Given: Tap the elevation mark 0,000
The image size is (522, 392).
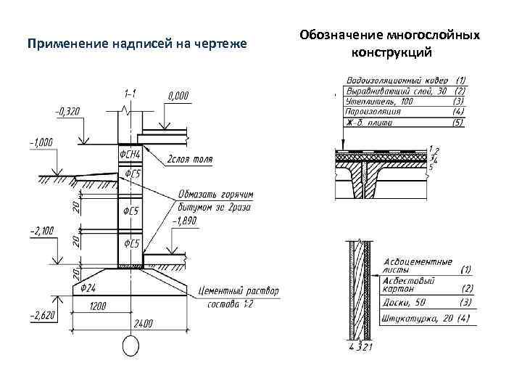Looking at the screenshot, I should (178, 95).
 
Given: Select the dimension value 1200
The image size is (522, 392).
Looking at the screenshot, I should (98, 306).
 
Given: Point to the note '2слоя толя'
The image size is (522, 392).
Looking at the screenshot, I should (190, 160).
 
